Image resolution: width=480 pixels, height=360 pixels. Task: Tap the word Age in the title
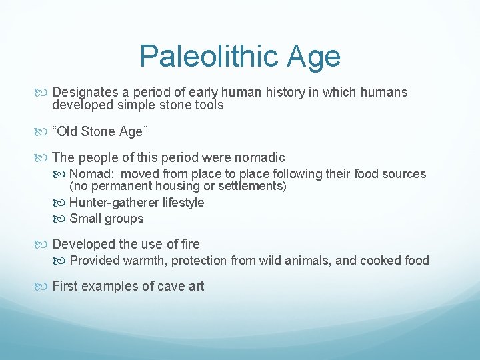tap(313, 57)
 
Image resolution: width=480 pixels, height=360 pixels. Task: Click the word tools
tap(206, 105)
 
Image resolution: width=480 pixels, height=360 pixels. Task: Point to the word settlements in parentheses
tap(251, 186)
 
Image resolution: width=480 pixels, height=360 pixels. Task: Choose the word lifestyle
tap(181, 203)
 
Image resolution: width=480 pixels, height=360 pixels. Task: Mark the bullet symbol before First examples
tap(43, 287)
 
